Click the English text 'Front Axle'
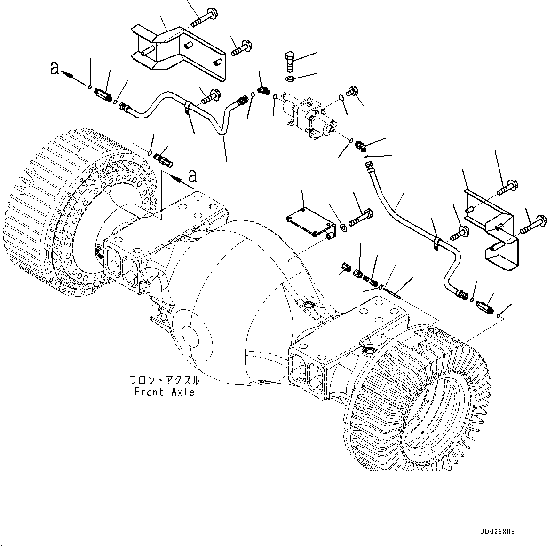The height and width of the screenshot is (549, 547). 164,392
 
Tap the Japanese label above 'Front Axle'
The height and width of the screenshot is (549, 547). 164,380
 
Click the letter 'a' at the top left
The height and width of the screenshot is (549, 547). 55,69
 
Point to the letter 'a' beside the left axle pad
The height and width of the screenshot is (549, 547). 192,176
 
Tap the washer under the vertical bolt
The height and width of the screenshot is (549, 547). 290,78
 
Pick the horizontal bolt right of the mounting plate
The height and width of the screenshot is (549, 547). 361,217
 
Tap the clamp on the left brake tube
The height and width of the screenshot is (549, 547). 188,107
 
